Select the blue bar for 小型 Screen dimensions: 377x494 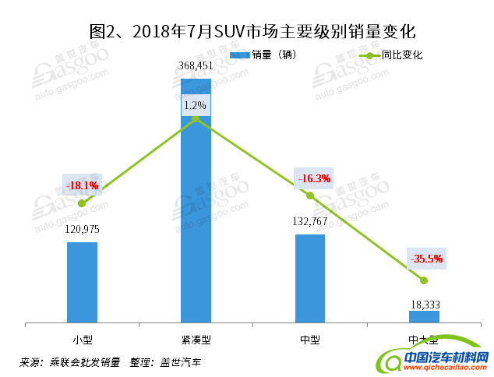[82, 281]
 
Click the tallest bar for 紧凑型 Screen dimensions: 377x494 [196, 218]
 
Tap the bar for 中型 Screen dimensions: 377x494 [310, 277]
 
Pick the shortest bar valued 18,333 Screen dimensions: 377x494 [424, 315]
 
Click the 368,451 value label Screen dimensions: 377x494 [196, 66]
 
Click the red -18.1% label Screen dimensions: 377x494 [83, 185]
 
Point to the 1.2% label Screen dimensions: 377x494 [196, 104]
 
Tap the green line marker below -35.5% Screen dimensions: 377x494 [424, 280]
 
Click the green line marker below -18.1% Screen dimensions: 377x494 [82, 203]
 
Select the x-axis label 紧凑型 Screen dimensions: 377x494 [196, 340]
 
